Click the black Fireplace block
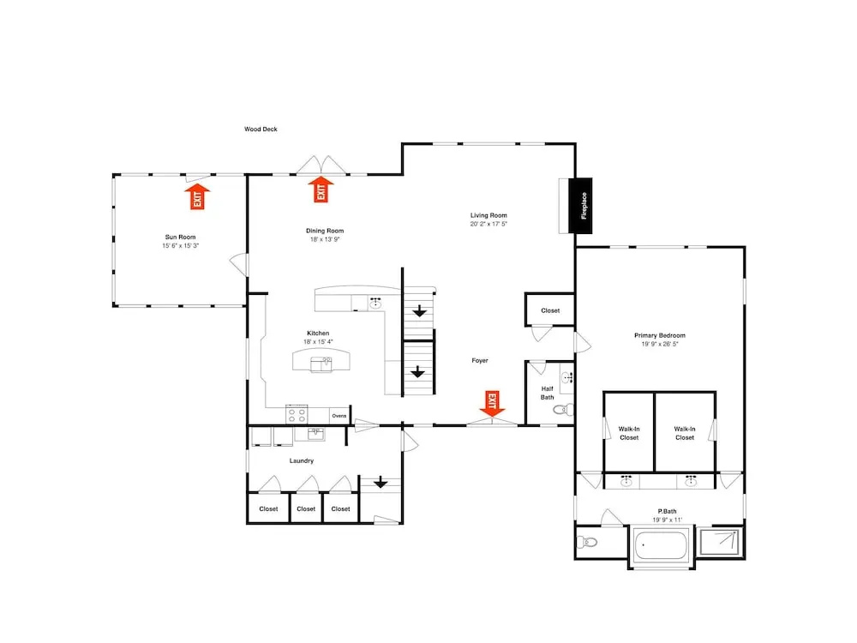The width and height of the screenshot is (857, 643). click(x=580, y=206)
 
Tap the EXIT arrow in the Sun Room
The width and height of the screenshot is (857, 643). click(x=197, y=197)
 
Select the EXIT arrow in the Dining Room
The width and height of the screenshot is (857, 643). click(x=321, y=189)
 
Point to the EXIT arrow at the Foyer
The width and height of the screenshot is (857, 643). click(x=492, y=404)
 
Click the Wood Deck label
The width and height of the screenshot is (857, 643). click(x=261, y=129)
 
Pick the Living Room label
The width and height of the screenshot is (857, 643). click(x=488, y=215)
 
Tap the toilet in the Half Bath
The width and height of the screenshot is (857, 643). click(x=564, y=409)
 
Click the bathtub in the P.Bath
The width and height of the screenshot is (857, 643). click(x=661, y=544)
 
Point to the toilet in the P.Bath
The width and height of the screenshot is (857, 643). click(x=587, y=543)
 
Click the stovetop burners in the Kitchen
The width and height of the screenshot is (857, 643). click(x=297, y=415)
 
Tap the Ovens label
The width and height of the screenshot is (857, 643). click(x=339, y=416)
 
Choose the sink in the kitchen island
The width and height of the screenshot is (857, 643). click(x=321, y=364)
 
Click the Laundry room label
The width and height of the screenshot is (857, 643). click(x=302, y=461)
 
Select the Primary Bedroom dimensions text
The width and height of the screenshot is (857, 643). click(x=660, y=344)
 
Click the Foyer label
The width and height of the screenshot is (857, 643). click(x=480, y=360)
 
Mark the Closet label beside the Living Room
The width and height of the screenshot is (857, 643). click(x=550, y=310)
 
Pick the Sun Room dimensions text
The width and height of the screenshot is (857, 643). click(x=180, y=246)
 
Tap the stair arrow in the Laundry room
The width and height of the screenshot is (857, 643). click(x=381, y=483)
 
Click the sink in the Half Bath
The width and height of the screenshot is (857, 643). click(x=567, y=377)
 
